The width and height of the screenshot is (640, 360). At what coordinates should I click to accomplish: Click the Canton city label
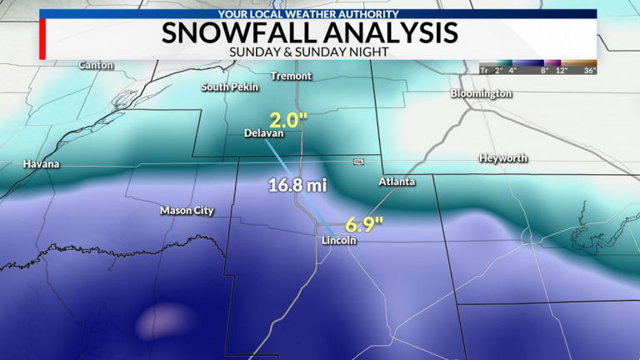[x=96, y=65]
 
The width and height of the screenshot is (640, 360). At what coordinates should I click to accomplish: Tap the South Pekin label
[x=227, y=87]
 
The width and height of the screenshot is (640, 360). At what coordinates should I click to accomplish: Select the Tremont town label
[x=292, y=76]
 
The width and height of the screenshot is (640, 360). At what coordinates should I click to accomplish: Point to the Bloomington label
[x=481, y=93]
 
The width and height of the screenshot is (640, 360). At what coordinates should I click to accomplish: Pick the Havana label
[x=42, y=164]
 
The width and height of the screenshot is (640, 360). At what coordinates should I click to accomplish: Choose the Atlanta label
[x=397, y=181]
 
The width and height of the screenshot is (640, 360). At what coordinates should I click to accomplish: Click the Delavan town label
[x=264, y=133]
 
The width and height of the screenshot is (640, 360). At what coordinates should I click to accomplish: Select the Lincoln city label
[x=339, y=240]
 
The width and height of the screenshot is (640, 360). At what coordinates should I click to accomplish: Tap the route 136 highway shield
[x=358, y=161]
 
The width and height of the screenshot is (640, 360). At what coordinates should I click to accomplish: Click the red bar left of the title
[x=42, y=38]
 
